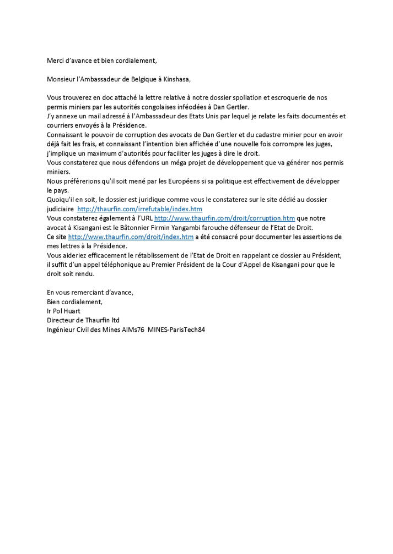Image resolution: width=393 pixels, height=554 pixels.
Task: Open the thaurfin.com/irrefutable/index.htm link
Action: point(139,209)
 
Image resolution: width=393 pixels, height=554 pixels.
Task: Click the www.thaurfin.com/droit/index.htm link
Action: point(131,237)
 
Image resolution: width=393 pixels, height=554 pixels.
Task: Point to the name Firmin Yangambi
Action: point(194,228)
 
